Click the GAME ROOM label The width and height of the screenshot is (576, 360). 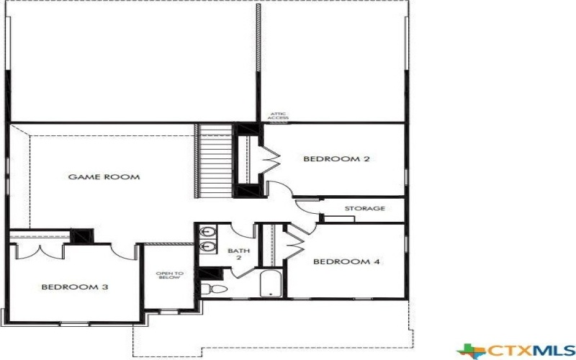pos(104,176)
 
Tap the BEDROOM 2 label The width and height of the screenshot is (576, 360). pos(336,158)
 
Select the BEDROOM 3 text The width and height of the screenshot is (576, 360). pos(74,287)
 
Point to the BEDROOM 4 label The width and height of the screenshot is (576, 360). pos(346,261)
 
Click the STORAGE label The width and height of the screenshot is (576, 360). pos(364,209)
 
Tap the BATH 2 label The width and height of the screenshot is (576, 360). pos(235,254)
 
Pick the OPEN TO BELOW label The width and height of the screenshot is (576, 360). pos(170,276)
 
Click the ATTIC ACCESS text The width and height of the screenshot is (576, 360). pos(279,116)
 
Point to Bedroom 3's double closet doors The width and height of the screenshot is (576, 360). pos(39,252)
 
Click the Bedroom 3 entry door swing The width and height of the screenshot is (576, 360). pos(123,252)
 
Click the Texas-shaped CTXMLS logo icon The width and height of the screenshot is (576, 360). pos(471,351)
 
